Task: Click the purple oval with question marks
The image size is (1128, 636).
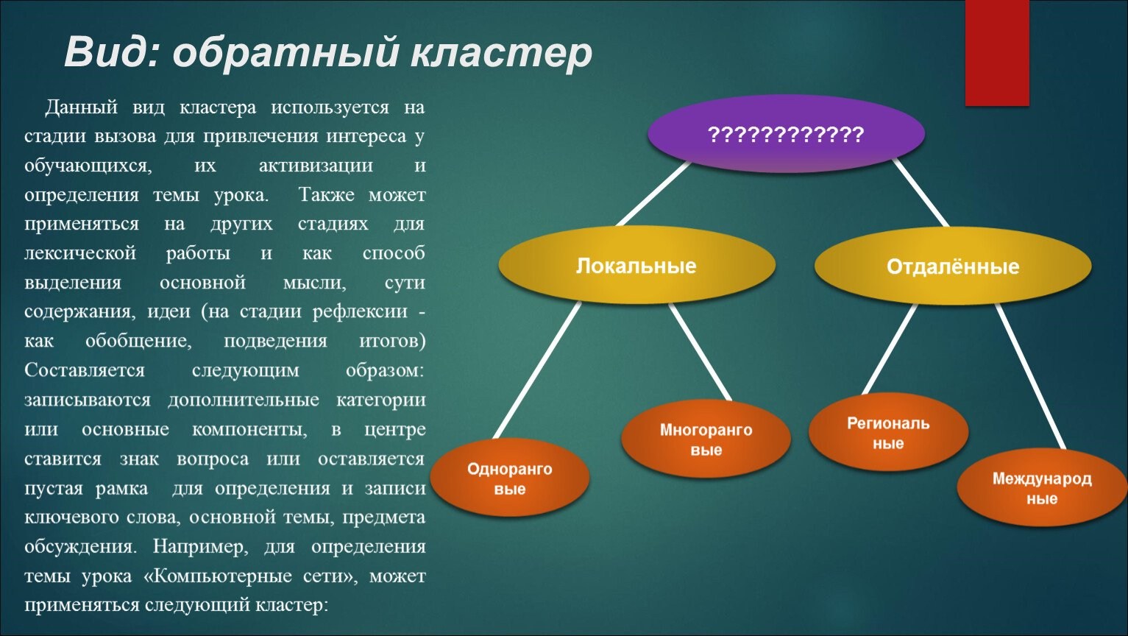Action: coord(786,134)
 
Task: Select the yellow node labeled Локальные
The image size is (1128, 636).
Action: coord(637,265)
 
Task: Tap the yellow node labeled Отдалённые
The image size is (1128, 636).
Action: coord(953,266)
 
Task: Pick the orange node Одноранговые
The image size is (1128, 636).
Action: coord(510,477)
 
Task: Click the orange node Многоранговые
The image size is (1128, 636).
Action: coord(706,439)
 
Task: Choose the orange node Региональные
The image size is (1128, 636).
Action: coord(888,432)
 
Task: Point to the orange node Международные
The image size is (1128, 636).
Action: coord(1042,488)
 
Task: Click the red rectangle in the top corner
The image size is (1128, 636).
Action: coord(997,53)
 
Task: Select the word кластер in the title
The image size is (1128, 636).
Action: coord(501,54)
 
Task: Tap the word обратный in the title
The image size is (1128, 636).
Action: coord(285,53)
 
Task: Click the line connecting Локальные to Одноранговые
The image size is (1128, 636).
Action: coord(537,370)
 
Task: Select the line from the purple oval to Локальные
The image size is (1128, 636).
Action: coord(653,194)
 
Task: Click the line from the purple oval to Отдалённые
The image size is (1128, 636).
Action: coord(921,193)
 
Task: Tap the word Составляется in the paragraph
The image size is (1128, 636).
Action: coord(85,370)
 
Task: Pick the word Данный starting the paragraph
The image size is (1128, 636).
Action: coord(81,108)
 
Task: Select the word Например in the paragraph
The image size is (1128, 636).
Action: coord(200,547)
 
